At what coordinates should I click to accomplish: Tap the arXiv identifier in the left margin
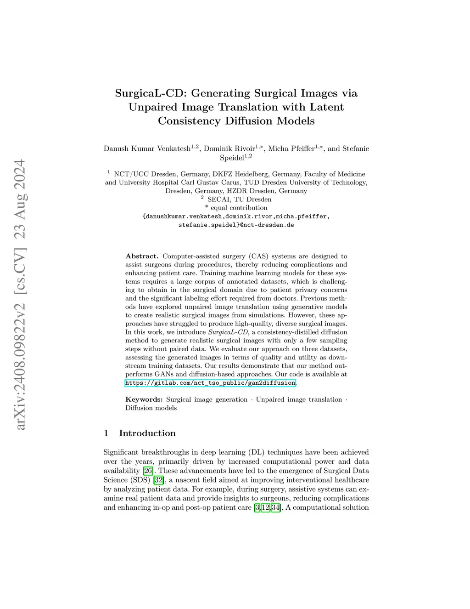(20, 295)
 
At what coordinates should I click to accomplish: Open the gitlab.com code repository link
(210, 383)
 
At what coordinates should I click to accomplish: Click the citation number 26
(148, 471)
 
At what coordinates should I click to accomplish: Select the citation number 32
(159, 480)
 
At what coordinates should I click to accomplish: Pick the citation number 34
(275, 507)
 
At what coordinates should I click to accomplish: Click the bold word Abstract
(142, 256)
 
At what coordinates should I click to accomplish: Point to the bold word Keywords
(144, 399)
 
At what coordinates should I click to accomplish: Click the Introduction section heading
(147, 433)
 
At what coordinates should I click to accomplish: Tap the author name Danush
(117, 148)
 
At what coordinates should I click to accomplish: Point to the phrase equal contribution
(239, 208)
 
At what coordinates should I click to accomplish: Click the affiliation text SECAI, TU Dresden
(239, 199)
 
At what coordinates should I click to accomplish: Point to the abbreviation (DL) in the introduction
(256, 452)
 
